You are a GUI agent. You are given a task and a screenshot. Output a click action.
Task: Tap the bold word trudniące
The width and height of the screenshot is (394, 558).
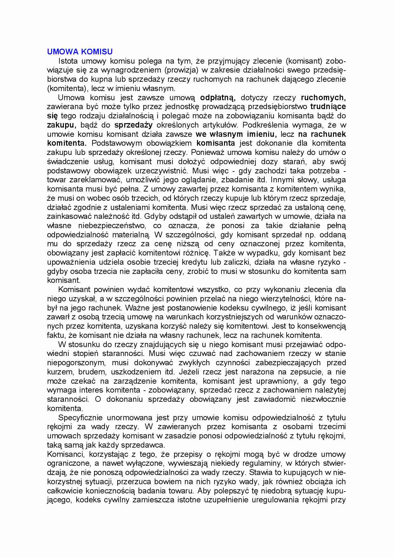pyautogui.click(x=328, y=107)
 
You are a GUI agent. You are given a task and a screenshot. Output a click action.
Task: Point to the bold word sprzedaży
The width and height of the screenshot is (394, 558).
pyautogui.click(x=133, y=125)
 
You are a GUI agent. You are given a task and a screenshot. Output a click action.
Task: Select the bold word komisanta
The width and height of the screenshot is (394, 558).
pyautogui.click(x=216, y=143)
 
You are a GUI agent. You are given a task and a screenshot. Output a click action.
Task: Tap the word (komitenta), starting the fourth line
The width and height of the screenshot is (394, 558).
pyautogui.click(x=67, y=88)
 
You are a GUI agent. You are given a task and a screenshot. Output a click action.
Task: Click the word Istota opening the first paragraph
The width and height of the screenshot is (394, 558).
pyautogui.click(x=68, y=61)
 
